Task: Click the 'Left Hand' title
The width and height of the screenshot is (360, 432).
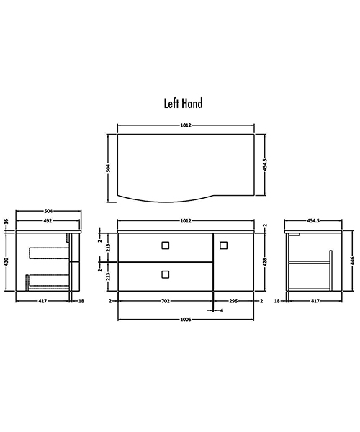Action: pyautogui.click(x=183, y=104)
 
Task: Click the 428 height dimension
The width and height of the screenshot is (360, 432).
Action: pyautogui.click(x=265, y=261)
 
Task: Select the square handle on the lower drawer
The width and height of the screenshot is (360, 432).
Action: pyautogui.click(x=166, y=274)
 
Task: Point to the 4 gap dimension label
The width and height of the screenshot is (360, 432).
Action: pyautogui.click(x=222, y=310)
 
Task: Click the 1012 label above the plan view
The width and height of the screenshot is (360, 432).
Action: pyautogui.click(x=185, y=125)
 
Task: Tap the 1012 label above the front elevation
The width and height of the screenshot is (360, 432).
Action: pyautogui.click(x=186, y=221)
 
